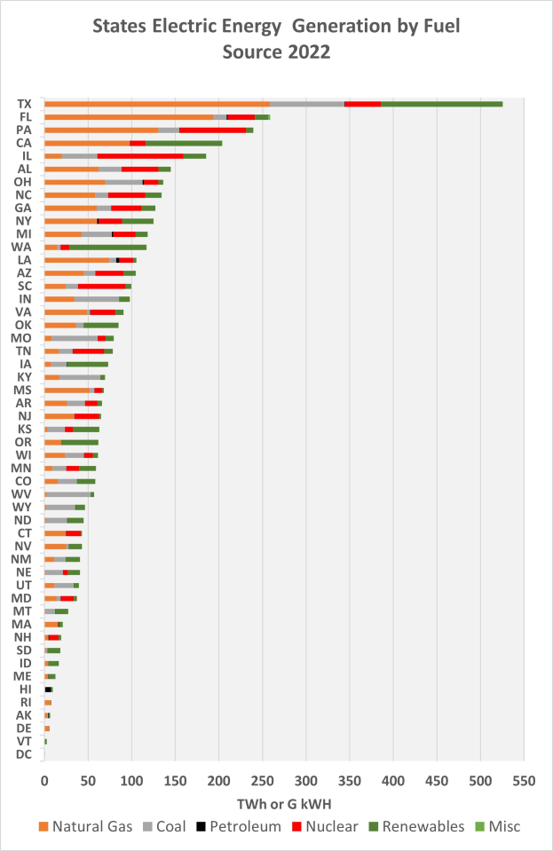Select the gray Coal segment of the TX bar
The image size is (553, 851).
pos(307,104)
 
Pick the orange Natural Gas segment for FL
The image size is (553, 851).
pos(129,116)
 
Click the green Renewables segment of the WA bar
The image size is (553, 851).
pos(107,247)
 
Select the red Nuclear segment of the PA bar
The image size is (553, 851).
pos(212,130)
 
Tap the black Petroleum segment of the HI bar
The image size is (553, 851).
pos(49,689)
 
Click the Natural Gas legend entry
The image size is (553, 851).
pos(81,826)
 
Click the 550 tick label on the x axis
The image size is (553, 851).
pos(524,781)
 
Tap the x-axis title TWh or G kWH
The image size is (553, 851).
pos(284,803)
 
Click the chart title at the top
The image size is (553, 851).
pos(277,39)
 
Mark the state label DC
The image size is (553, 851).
pos(24,754)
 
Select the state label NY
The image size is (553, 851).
pos(24,221)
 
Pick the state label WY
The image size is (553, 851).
pos(24,507)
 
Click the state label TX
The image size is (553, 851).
pos(25,104)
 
